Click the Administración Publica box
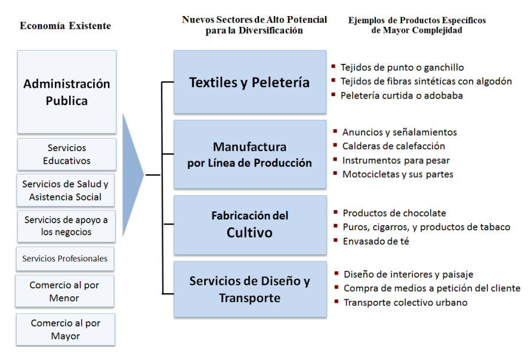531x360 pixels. (67, 92)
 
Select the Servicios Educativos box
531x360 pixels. (67, 154)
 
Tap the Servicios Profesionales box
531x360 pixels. (65, 259)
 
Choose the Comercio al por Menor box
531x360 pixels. (64, 291)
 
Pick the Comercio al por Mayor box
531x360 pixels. (66, 330)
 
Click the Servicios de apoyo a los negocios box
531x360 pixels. (66, 226)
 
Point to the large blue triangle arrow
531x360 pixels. (132, 175)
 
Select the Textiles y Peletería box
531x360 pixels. (250, 82)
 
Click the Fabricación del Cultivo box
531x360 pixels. (250, 224)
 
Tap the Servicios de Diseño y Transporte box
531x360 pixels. (250, 289)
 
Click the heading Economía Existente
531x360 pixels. (66, 26)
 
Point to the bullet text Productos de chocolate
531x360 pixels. (394, 213)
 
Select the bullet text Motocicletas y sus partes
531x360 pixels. (397, 174)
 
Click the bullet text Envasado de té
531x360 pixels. (376, 241)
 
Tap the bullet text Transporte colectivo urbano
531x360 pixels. (405, 302)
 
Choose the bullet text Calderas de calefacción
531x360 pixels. (394, 146)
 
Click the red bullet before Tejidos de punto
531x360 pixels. (334, 66)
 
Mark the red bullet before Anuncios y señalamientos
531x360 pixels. (335, 131)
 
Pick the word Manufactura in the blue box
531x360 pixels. (249, 147)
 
